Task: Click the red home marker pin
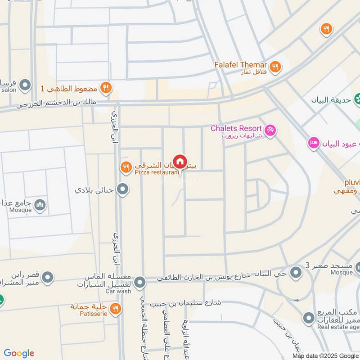(x=180, y=162)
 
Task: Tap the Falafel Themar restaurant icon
(x=275, y=67)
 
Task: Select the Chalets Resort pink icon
(x=270, y=130)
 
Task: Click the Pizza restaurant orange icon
(x=126, y=168)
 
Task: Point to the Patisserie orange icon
(x=116, y=308)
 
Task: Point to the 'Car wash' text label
(x=118, y=291)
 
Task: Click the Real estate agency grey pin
(x=308, y=319)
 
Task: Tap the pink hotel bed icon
(x=314, y=143)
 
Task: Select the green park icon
(x=358, y=98)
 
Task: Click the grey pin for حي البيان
(x=296, y=272)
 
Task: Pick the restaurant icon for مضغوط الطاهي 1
(x=106, y=88)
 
